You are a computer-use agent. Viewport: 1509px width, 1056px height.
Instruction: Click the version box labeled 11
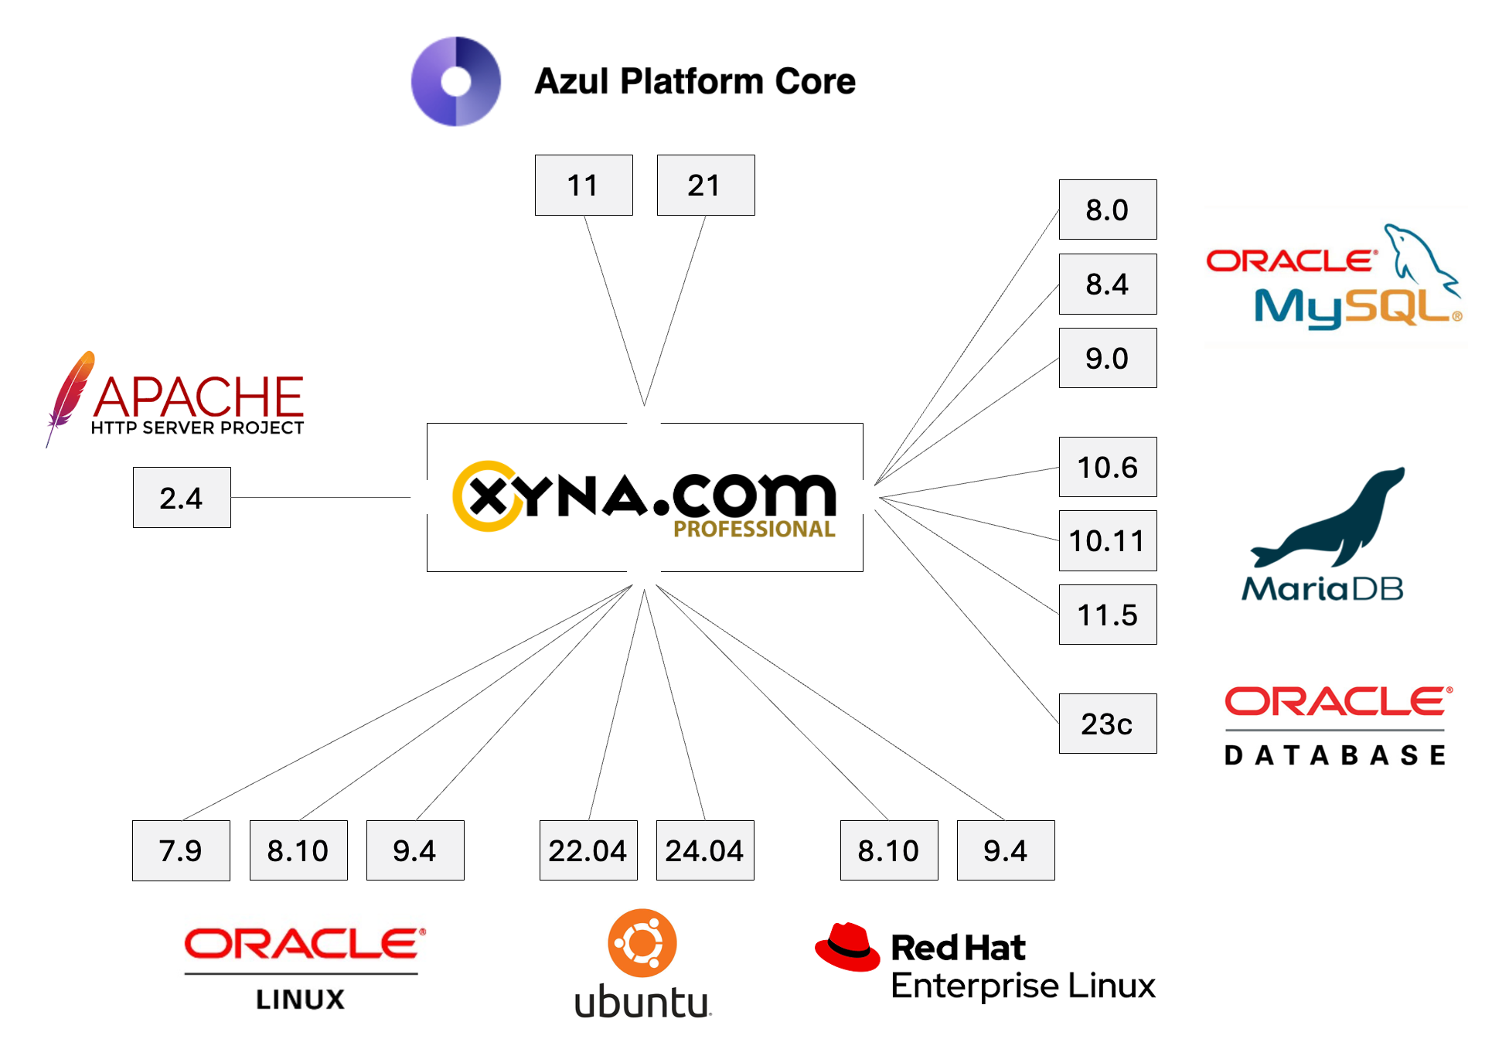[x=584, y=186]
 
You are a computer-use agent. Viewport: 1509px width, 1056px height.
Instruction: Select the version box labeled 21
[x=705, y=186]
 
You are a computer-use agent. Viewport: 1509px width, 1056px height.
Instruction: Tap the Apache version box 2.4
[x=182, y=498]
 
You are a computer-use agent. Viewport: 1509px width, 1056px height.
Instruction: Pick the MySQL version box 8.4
[x=1107, y=284]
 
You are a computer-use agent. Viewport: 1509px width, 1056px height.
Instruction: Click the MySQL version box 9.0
[x=1107, y=359]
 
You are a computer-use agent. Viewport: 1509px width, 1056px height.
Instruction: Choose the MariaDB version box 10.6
[x=1107, y=467]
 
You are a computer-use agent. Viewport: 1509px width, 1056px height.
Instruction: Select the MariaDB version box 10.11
[x=1107, y=541]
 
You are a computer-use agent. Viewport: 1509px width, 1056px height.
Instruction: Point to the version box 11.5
[x=1107, y=615]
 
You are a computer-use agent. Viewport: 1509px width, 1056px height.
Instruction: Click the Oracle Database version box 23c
[x=1107, y=724]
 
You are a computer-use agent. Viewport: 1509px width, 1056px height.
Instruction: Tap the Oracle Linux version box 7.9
[x=181, y=850]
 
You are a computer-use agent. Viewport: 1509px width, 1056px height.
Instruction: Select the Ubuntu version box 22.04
[x=588, y=850]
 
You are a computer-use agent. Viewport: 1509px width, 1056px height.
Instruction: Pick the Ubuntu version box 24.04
[x=705, y=850]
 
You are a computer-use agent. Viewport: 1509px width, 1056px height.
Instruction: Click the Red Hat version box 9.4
[x=1006, y=850]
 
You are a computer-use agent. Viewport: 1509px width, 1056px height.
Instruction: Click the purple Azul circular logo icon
[x=456, y=81]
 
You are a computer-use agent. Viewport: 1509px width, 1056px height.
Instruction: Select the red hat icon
[x=847, y=946]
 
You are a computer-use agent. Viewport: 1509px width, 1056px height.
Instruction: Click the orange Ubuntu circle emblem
[x=642, y=943]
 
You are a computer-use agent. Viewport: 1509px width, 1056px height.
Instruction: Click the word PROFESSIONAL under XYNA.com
[x=754, y=530]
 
